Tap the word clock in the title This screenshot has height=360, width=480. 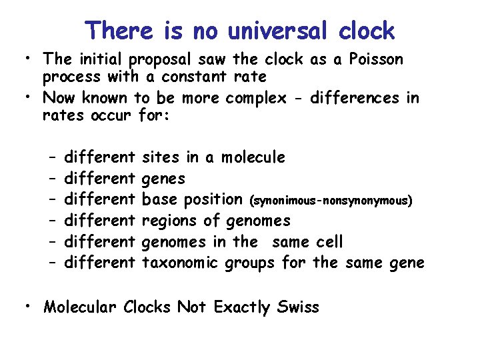point(367,31)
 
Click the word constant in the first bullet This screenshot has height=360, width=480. point(193,77)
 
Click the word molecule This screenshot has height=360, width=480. point(253,157)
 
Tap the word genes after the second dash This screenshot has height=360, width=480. point(164,179)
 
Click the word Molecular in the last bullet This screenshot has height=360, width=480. point(77,307)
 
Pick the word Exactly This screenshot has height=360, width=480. point(236,308)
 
